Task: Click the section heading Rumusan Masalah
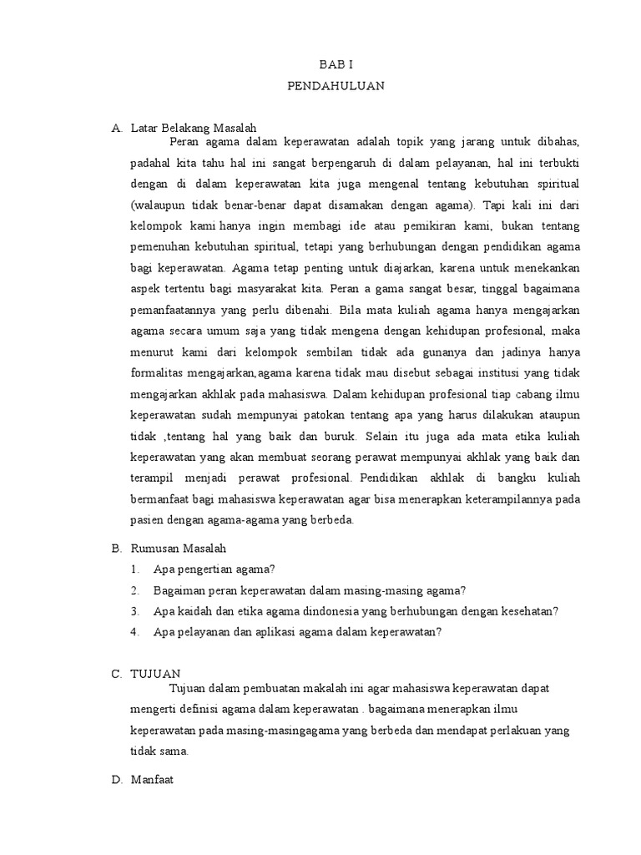(x=179, y=549)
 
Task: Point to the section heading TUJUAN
(x=155, y=674)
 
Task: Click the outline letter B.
(x=116, y=549)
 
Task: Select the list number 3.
(x=134, y=611)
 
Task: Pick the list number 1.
(x=134, y=569)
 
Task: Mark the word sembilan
(x=332, y=350)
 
